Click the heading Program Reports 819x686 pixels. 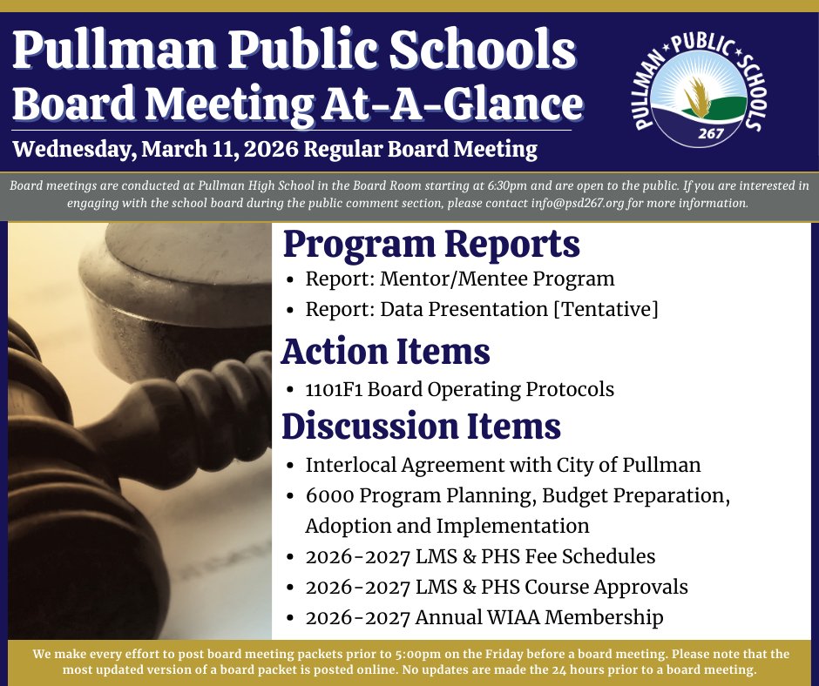[431, 245]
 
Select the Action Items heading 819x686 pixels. [385, 352]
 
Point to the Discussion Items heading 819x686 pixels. [421, 426]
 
